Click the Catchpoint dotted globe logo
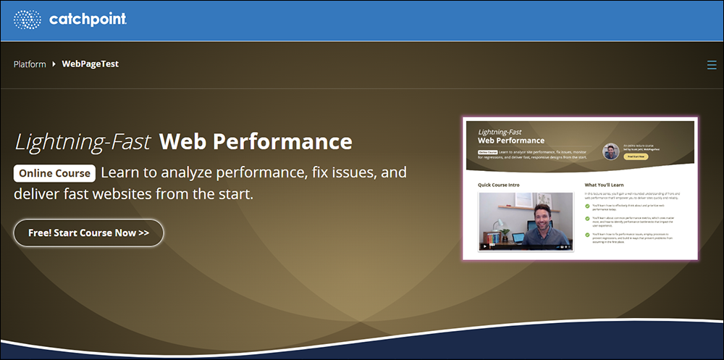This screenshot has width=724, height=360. [28, 20]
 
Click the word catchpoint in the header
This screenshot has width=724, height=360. [88, 20]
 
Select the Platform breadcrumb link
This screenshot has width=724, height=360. [29, 64]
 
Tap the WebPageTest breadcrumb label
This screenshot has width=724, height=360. [90, 64]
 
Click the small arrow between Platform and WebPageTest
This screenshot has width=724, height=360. [54, 64]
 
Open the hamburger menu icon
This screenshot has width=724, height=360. [711, 65]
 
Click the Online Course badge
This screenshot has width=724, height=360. [55, 174]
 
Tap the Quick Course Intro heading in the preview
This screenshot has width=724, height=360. [499, 185]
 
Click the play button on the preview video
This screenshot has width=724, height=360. [485, 246]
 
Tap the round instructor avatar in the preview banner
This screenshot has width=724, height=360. [611, 151]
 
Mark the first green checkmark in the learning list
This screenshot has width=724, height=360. [588, 206]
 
